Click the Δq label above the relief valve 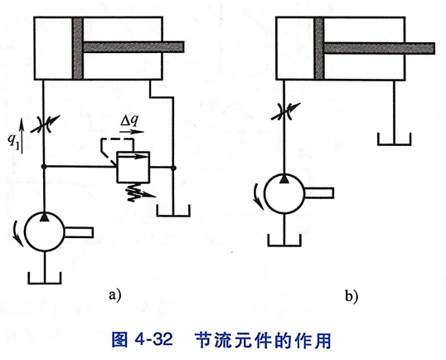129,120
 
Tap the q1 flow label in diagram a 13,140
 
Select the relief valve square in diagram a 133,167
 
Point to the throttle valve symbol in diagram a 45,124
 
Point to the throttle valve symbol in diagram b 285,111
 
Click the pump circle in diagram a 45,231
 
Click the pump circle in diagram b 284,193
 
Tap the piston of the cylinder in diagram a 78,48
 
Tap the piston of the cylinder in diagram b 319,48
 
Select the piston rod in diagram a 133,47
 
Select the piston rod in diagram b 380,48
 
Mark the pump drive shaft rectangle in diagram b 319,193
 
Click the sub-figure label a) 115,295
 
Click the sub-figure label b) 351,296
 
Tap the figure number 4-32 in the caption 154,339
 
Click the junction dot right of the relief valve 173,168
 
